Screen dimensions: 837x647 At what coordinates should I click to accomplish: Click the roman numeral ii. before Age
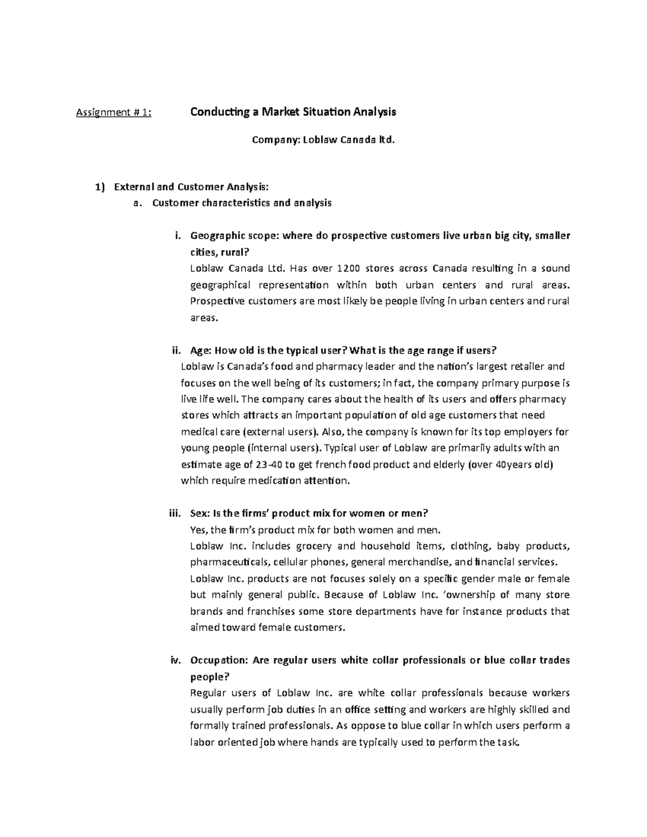[x=176, y=350]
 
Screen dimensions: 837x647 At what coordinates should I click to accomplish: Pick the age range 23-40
[x=240, y=464]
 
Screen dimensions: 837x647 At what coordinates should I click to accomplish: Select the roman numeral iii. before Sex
[x=175, y=513]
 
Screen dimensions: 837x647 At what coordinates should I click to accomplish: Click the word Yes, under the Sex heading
[x=199, y=529]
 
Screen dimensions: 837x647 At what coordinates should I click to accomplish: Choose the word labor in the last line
[x=202, y=742]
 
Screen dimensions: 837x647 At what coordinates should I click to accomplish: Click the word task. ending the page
[x=507, y=742]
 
